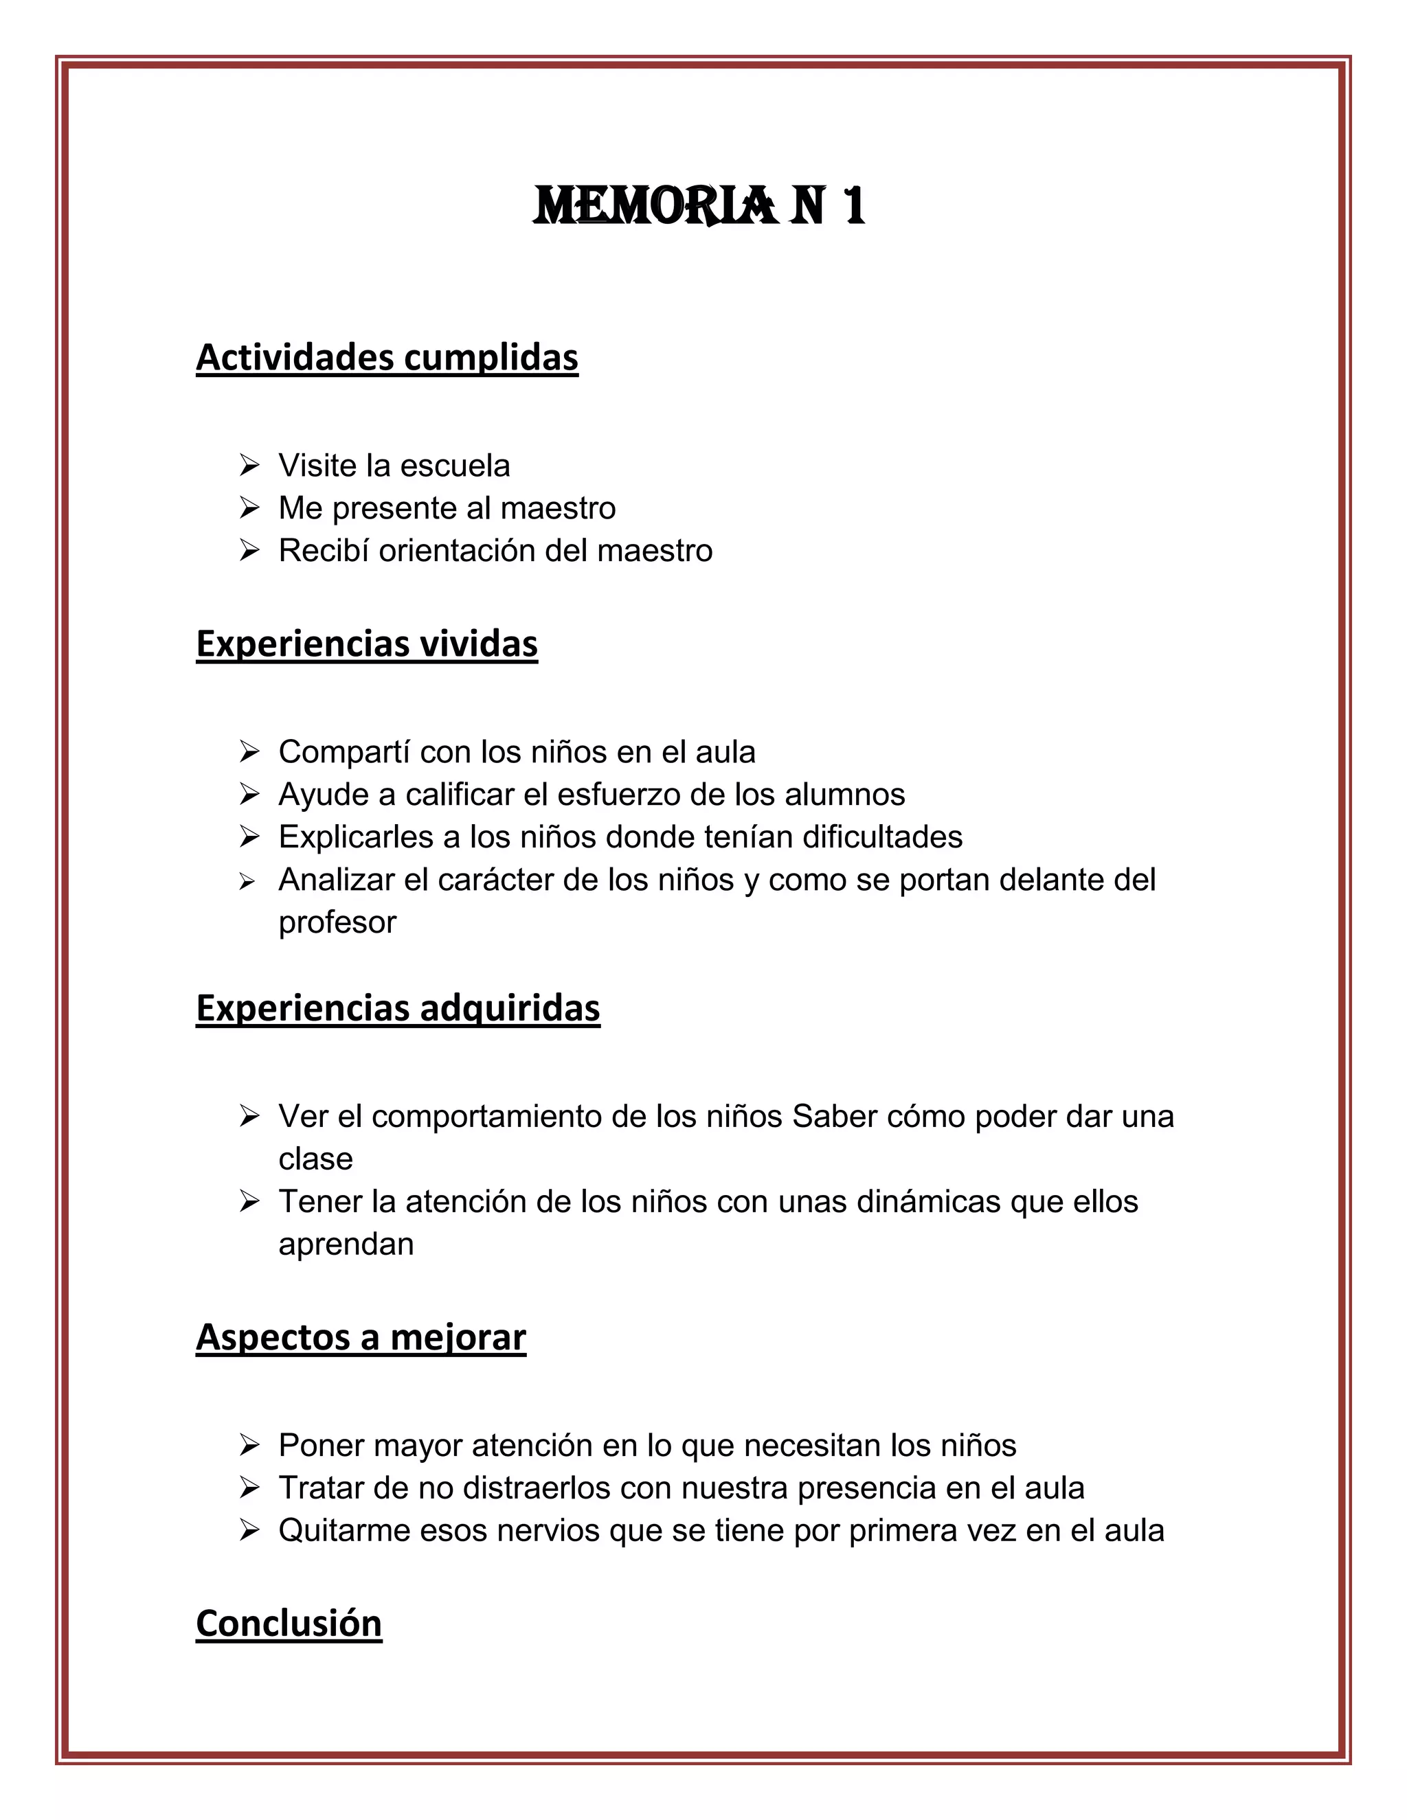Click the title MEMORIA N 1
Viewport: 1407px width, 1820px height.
[699, 206]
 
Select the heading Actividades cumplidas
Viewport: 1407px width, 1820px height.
[387, 358]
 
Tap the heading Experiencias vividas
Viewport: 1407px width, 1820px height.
[367, 644]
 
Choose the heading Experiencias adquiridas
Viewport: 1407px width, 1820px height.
[398, 1008]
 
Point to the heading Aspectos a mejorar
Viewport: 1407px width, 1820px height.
[361, 1336]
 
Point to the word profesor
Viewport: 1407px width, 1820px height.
[337, 922]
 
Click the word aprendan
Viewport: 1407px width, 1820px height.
[346, 1244]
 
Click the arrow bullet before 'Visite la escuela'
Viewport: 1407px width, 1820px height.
[249, 465]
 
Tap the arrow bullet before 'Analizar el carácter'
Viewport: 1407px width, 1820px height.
[247, 881]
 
